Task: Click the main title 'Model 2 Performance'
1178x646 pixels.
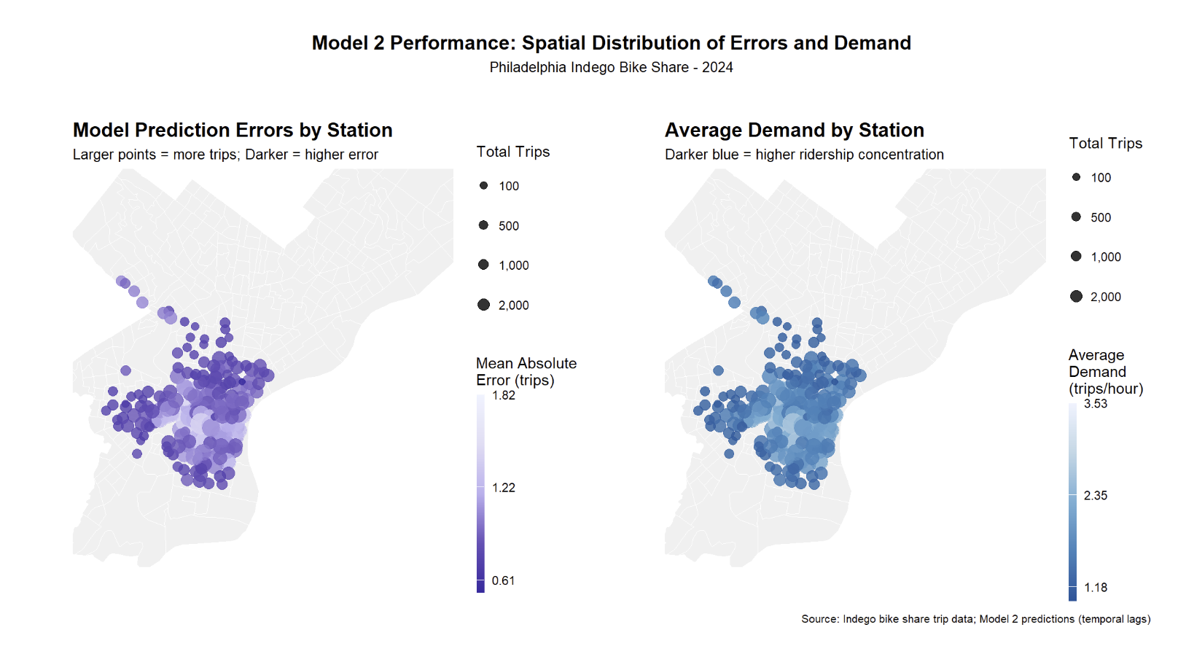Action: [611, 43]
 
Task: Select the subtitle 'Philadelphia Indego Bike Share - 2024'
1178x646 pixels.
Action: [611, 67]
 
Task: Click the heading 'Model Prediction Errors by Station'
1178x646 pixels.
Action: [233, 131]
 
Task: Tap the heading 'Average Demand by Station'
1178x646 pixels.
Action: [794, 131]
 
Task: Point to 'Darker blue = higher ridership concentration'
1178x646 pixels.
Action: [804, 155]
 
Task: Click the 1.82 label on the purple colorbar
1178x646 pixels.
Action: [503, 395]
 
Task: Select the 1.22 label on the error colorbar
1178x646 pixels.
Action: [503, 488]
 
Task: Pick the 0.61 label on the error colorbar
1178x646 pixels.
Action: [503, 580]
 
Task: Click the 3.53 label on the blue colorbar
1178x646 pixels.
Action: [1095, 403]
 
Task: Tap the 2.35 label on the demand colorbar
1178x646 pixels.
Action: [1095, 496]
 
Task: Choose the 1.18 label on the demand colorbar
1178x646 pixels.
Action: [1095, 588]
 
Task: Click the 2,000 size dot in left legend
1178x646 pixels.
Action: [483, 305]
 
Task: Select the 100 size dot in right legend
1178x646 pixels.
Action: [1076, 177]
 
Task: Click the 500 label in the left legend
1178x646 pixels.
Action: [509, 226]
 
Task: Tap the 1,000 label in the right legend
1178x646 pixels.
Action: [1105, 257]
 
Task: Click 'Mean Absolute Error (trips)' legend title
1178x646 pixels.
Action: [526, 372]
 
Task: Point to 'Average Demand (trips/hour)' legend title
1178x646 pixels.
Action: [1105, 372]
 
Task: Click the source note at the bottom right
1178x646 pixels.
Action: [975, 619]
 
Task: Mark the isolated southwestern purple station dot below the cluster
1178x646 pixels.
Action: [137, 454]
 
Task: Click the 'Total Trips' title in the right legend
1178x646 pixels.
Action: [1105, 144]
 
